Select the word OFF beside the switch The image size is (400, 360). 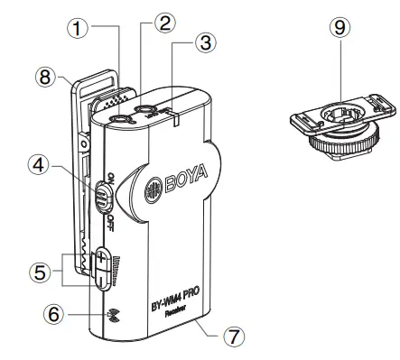click(x=110, y=222)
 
